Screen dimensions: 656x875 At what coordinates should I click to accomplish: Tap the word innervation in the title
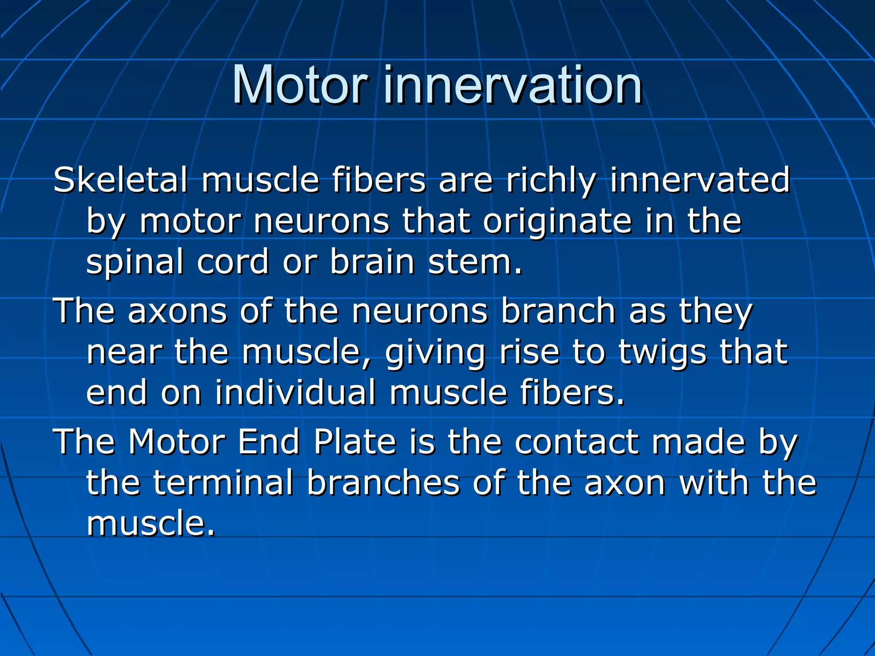click(513, 85)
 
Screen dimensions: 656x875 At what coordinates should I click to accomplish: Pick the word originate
click(557, 222)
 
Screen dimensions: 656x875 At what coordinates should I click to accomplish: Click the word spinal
click(135, 263)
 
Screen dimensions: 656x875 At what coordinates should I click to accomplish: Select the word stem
click(475, 262)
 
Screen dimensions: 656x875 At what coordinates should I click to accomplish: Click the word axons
click(177, 311)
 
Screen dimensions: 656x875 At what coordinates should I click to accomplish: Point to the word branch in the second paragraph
click(558, 310)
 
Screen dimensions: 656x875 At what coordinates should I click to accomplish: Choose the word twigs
click(662, 353)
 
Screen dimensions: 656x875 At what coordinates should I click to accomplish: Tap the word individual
click(295, 392)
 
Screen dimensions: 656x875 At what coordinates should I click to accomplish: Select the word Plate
click(355, 442)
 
